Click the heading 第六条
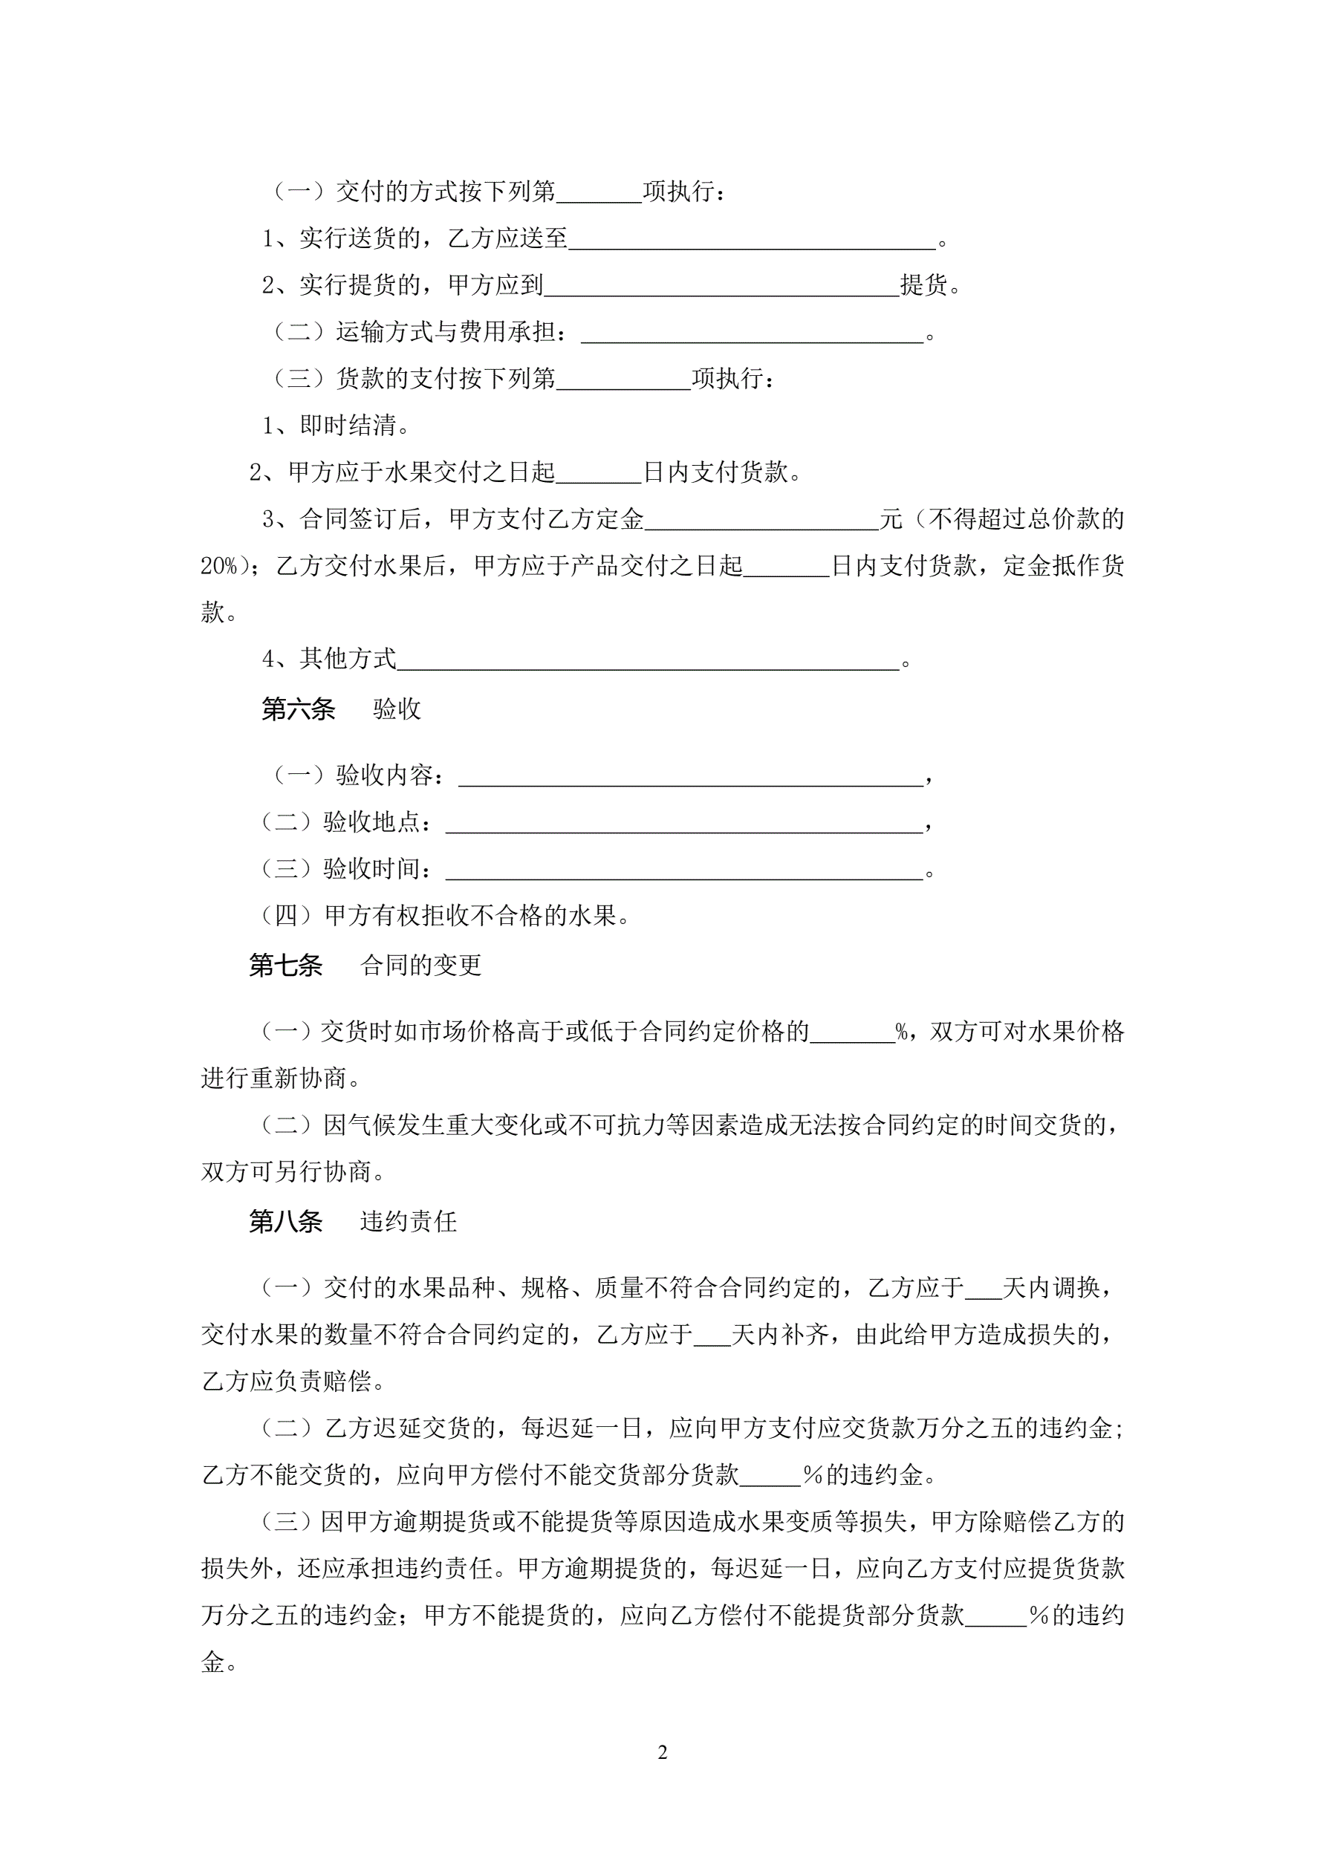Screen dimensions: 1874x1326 pyautogui.click(x=298, y=709)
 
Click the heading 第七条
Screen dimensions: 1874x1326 pyautogui.click(x=286, y=965)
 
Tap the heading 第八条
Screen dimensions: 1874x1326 pyautogui.click(x=286, y=1221)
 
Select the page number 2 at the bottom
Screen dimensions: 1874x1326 pyautogui.click(x=662, y=1751)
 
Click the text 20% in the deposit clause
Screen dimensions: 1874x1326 pyautogui.click(x=219, y=566)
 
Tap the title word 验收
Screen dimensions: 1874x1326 pyautogui.click(x=397, y=709)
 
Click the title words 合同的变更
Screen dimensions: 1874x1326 pyautogui.click(x=420, y=965)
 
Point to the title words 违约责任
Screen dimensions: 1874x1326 pyautogui.click(x=409, y=1221)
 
